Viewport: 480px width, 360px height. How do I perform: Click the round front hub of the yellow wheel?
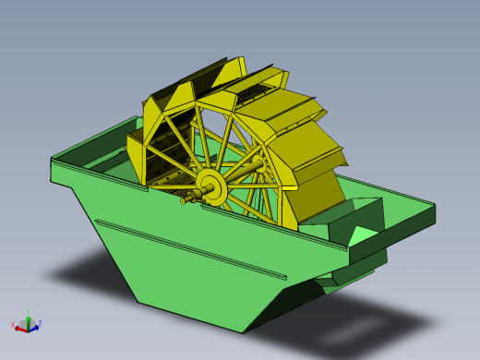tap(212, 187)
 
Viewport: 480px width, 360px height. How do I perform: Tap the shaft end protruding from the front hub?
tap(187, 198)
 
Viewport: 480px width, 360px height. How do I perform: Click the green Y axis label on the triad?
tap(29, 312)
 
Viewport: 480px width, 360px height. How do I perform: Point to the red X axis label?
tap(13, 325)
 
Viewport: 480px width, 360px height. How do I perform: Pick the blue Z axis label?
tap(40, 323)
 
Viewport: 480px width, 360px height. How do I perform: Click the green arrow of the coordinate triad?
tap(29, 319)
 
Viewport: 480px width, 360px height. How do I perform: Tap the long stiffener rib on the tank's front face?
tap(189, 249)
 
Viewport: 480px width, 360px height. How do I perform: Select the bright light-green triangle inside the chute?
tap(361, 236)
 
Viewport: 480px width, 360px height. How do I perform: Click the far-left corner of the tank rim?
tap(52, 161)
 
